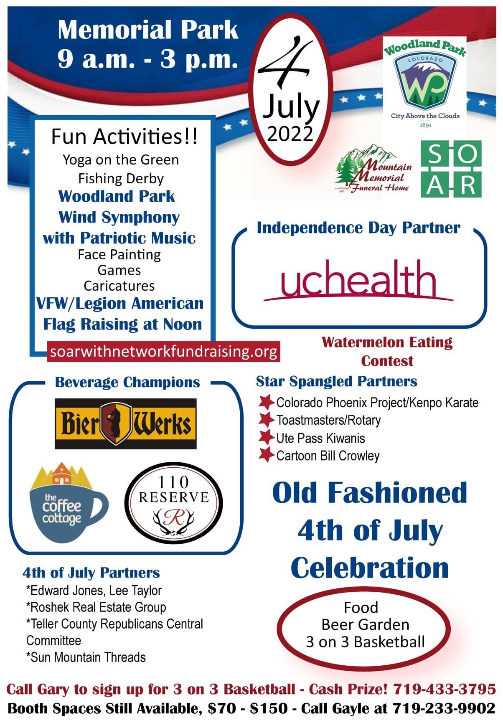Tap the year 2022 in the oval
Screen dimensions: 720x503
290,134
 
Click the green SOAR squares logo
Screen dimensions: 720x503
451,169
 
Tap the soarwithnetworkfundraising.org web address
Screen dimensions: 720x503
163,351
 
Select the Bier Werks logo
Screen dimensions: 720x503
126,423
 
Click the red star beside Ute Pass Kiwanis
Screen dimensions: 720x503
266,437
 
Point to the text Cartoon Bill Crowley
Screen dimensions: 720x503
328,456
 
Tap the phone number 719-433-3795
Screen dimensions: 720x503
445,689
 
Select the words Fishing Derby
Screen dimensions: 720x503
121,179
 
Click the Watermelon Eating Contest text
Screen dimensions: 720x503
387,351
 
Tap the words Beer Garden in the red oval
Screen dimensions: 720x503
365,624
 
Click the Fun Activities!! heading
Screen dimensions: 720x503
124,137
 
